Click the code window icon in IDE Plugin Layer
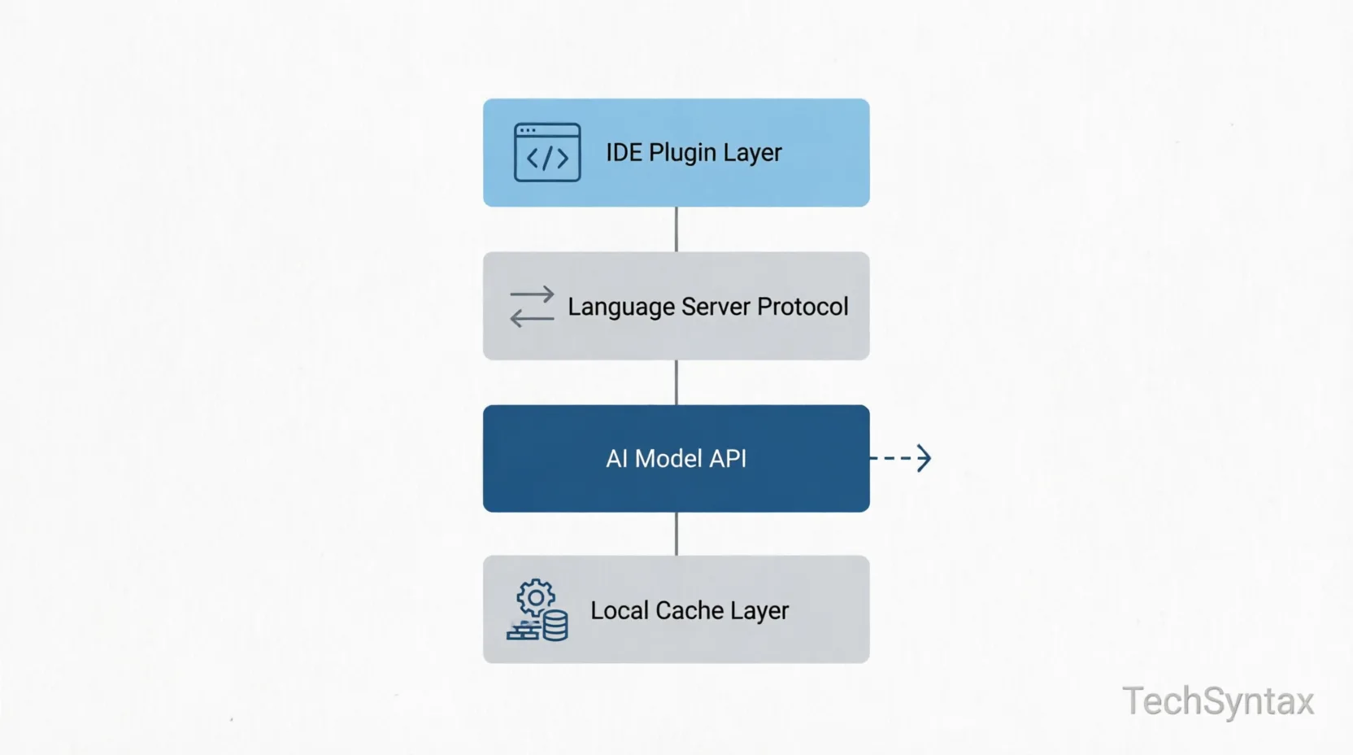pyautogui.click(x=547, y=152)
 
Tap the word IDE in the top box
pyautogui.click(x=624, y=152)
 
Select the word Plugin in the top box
pyautogui.click(x=682, y=154)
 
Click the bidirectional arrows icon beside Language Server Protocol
pyautogui.click(x=532, y=307)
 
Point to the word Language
pyautogui.click(x=621, y=308)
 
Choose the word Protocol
pyautogui.click(x=803, y=307)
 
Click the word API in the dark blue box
pyautogui.click(x=728, y=459)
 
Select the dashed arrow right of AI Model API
pyautogui.click(x=901, y=458)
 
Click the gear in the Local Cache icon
pyautogui.click(x=536, y=598)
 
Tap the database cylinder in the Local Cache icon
pyautogui.click(x=555, y=626)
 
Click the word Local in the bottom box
pyautogui.click(x=620, y=610)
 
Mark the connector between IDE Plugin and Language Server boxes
pyautogui.click(x=676, y=229)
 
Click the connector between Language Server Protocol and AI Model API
pyautogui.click(x=676, y=382)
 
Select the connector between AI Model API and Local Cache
pyautogui.click(x=676, y=534)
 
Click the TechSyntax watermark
pyautogui.click(x=1218, y=701)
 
